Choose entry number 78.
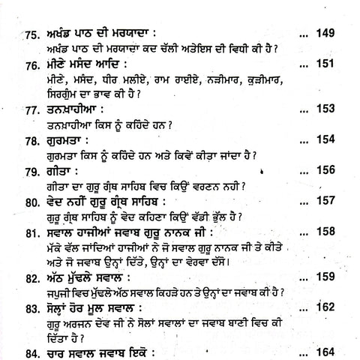pyautogui.click(x=31, y=142)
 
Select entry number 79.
pyautogui.click(x=31, y=172)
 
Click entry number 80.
pyautogui.click(x=31, y=202)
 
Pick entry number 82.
pyautogui.click(x=31, y=277)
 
